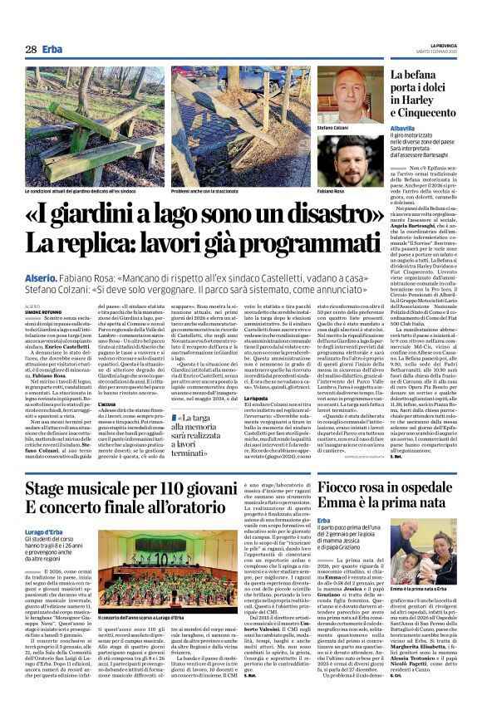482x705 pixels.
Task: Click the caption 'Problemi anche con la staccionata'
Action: pyautogui.click(x=208, y=191)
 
